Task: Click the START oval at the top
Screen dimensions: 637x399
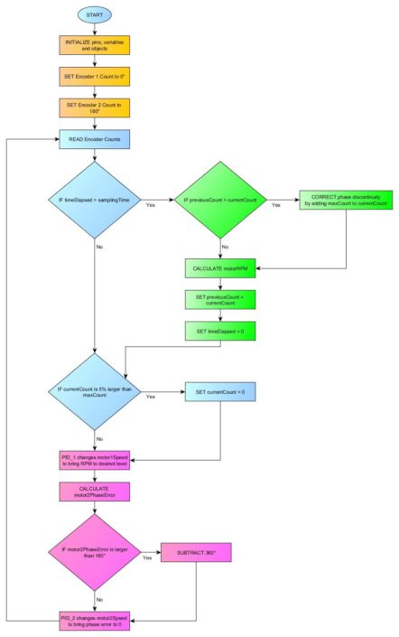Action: tap(95, 15)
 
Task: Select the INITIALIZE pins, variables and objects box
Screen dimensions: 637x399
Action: tap(95, 45)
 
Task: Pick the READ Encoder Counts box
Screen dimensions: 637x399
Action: tap(95, 139)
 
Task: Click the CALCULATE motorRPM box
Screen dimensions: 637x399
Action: tap(221, 268)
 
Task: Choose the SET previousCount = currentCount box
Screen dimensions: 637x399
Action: tap(221, 300)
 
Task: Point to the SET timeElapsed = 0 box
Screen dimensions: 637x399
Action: tap(221, 332)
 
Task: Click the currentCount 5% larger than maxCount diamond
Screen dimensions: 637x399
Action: tap(95, 393)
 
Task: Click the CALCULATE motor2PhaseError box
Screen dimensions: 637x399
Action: tap(95, 491)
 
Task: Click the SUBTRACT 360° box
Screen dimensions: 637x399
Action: tap(196, 551)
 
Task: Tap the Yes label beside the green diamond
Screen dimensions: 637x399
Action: tap(275, 205)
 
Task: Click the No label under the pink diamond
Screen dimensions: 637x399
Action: tap(97, 598)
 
